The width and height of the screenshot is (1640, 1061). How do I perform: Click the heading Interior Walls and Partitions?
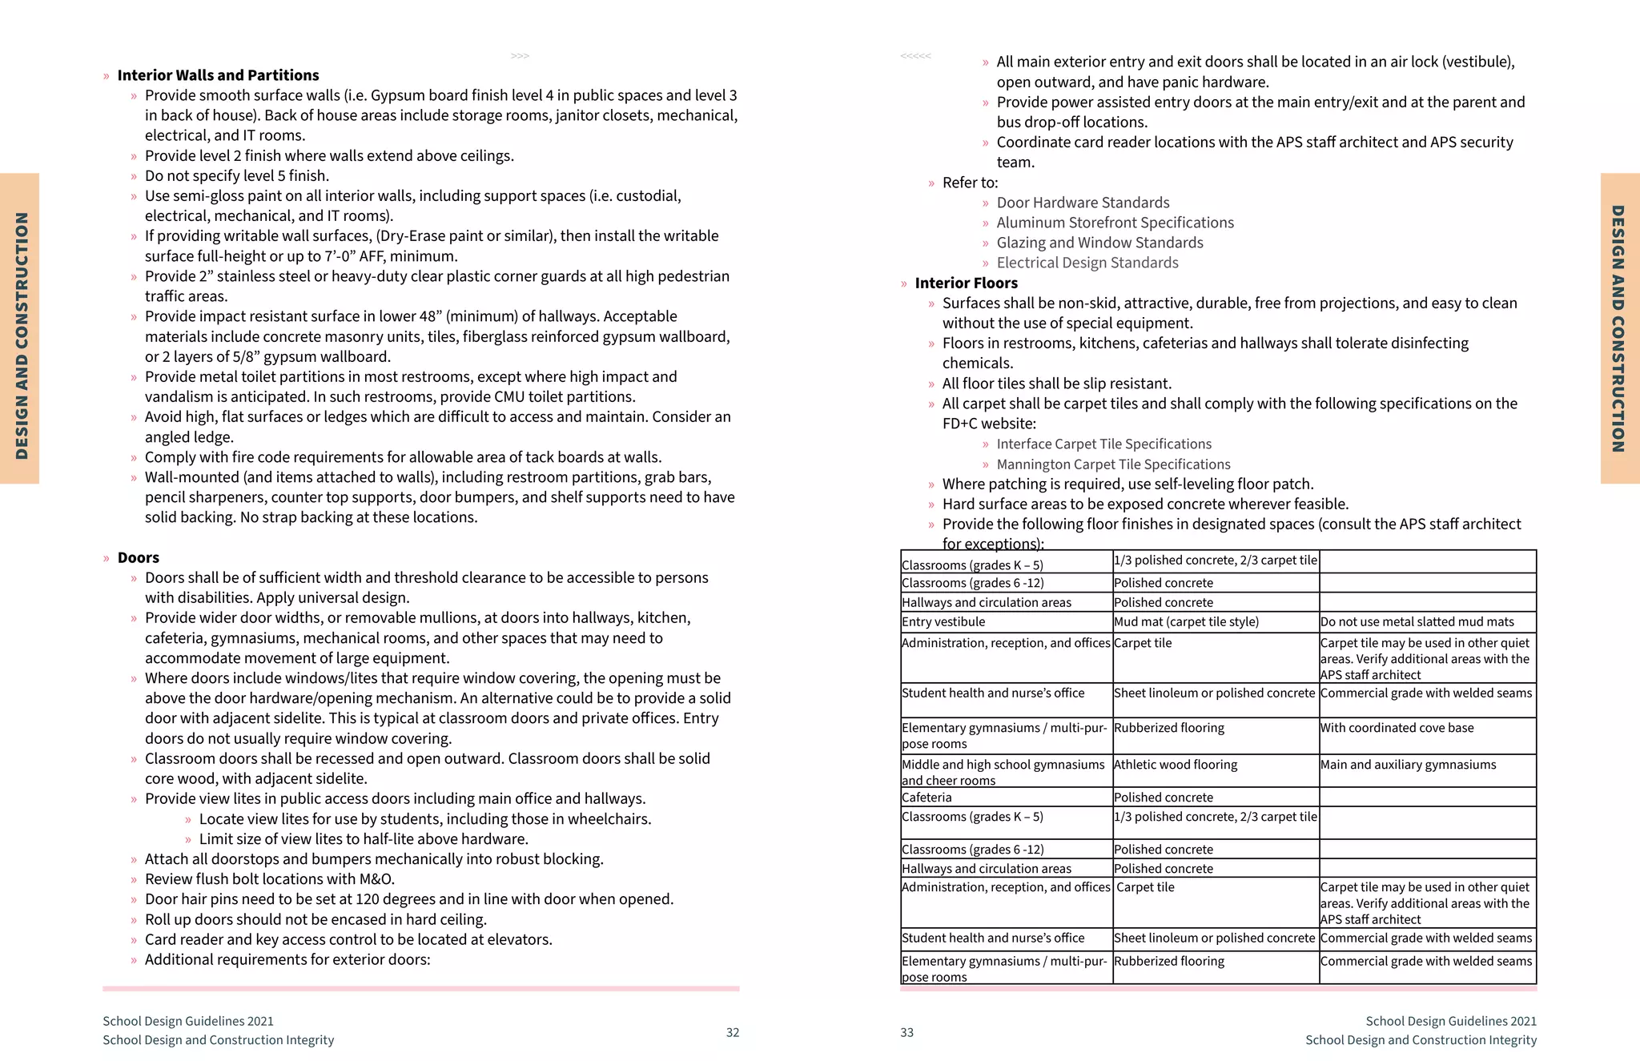coord(218,75)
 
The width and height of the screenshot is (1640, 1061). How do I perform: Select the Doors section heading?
coord(138,557)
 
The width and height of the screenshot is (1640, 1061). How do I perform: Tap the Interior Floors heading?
coord(966,283)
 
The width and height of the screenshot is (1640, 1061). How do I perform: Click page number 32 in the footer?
coord(732,1032)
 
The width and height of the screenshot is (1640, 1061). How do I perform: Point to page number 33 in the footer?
coord(906,1032)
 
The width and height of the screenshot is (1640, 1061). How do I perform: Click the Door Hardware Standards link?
coord(1082,203)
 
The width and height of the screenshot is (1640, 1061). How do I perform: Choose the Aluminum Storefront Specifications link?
coord(1114,223)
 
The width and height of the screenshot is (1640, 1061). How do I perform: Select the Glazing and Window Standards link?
coord(1099,243)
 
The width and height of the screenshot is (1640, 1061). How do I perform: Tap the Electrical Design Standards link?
coord(1087,263)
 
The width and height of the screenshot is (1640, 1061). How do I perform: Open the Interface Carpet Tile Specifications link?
coord(1103,444)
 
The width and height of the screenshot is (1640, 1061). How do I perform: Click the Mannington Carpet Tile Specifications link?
coord(1113,464)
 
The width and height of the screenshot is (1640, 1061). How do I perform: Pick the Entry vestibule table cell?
coord(943,621)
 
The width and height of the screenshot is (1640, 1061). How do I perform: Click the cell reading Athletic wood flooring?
coord(1175,765)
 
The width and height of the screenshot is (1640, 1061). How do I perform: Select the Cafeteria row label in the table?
coord(927,798)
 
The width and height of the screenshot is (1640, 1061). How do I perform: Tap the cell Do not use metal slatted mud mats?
coord(1417,621)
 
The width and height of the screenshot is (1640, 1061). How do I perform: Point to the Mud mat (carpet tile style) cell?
coord(1186,621)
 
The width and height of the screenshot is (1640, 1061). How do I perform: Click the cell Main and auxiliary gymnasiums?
coord(1408,765)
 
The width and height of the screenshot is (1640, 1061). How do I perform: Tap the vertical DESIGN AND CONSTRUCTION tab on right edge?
coord(1619,328)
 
